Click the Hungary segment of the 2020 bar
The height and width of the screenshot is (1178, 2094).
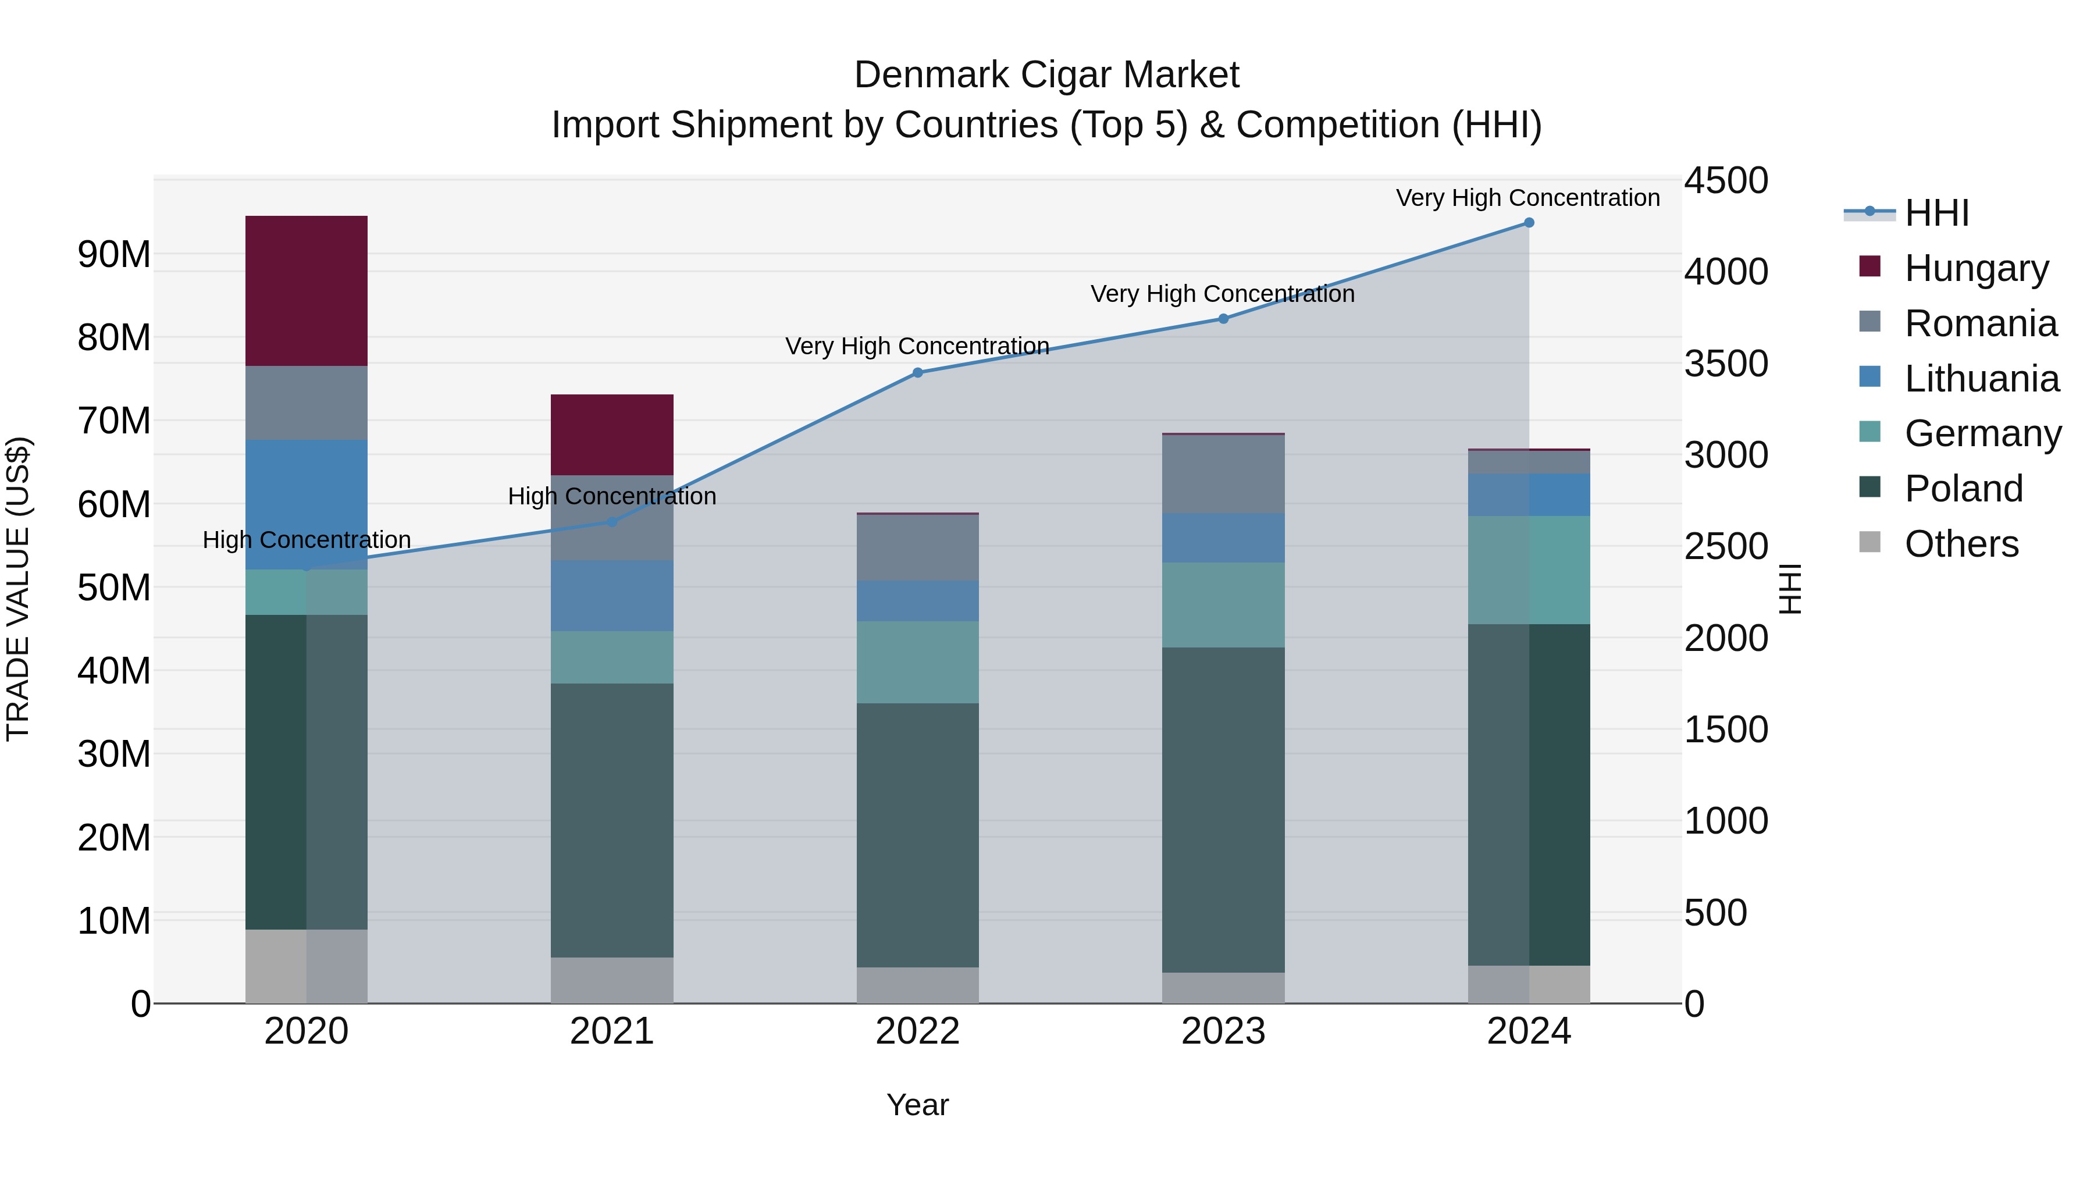pyautogui.click(x=307, y=291)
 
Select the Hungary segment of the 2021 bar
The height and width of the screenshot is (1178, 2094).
pyautogui.click(x=612, y=435)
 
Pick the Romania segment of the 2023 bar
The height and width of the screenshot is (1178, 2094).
pyautogui.click(x=1223, y=474)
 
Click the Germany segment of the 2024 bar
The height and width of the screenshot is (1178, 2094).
pyautogui.click(x=1529, y=570)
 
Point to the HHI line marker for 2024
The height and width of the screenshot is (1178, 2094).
pyautogui.click(x=1529, y=223)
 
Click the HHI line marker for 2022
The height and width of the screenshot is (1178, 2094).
pyautogui.click(x=918, y=372)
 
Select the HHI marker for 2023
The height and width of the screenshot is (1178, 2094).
pyautogui.click(x=1223, y=319)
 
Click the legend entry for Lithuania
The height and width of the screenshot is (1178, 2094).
pyautogui.click(x=1981, y=379)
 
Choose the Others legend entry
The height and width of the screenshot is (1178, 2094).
pyautogui.click(x=1961, y=544)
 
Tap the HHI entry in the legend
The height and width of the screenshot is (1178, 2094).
pyautogui.click(x=1936, y=213)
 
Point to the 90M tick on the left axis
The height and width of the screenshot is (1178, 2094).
pyautogui.click(x=114, y=254)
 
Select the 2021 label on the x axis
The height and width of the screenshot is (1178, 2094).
pyautogui.click(x=612, y=1031)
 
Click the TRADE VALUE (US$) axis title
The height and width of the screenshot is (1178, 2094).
pyautogui.click(x=18, y=589)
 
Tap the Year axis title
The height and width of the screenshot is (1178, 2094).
pyautogui.click(x=918, y=1105)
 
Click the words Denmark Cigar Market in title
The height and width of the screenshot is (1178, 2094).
pyautogui.click(x=1046, y=75)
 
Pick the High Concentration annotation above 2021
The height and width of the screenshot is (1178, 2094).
pyautogui.click(x=612, y=496)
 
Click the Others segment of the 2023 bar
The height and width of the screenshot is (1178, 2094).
pyautogui.click(x=1223, y=988)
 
